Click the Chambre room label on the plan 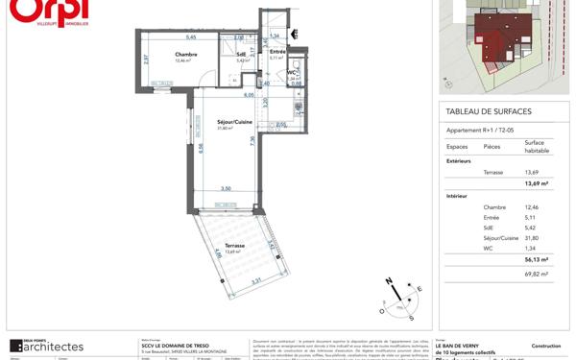pos(185,55)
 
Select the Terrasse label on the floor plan pos(234,246)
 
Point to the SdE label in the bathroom pos(241,55)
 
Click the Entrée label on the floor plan pos(276,52)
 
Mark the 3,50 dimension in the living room pos(225,188)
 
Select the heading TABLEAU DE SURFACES pos(489,111)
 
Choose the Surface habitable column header pos(536,147)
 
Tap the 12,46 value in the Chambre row pos(532,207)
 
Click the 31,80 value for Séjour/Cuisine pos(532,238)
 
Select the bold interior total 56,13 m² pos(536,259)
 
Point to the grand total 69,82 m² pos(536,275)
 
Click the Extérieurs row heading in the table pos(459,161)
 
